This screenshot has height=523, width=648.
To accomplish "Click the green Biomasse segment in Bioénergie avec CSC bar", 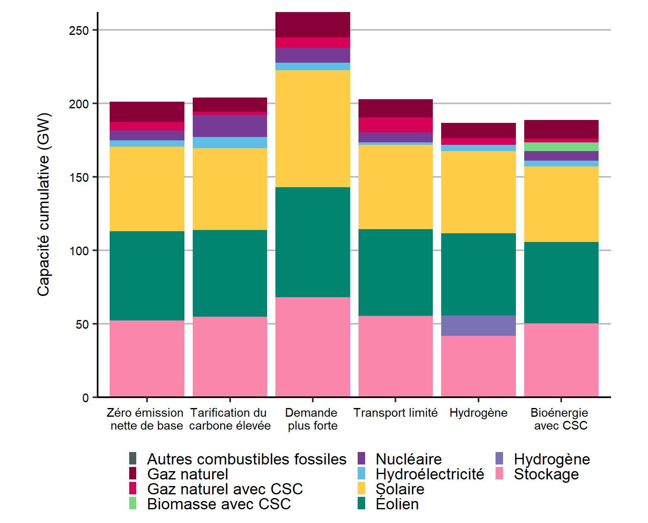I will (561, 147).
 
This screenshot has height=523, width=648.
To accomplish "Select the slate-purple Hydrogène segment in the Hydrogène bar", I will (479, 325).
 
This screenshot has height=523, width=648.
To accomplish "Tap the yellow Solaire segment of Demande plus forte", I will (313, 129).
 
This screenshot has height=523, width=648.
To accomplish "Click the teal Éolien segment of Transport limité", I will (395, 272).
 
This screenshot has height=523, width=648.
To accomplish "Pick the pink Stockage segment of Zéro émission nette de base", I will (147, 359).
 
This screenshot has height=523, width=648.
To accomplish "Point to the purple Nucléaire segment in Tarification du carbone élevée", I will (230, 126).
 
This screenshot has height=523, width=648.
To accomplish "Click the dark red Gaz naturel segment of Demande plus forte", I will (313, 25).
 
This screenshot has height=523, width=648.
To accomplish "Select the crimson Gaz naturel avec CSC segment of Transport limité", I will (395, 125).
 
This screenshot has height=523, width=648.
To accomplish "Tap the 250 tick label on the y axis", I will (79, 30).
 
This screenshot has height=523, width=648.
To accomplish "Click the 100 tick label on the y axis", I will (79, 251).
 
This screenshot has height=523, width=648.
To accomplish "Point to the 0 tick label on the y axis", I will (86, 398).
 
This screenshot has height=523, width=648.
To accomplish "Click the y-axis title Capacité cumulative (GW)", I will (43, 204).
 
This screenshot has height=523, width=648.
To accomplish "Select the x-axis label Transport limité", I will (395, 413).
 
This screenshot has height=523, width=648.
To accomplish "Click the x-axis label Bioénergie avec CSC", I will (561, 419).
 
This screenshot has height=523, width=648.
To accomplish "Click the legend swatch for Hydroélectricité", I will (361, 474).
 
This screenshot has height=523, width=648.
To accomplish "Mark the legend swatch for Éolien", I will (361, 503).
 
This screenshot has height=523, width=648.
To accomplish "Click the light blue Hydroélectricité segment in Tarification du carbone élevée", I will (230, 142).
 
